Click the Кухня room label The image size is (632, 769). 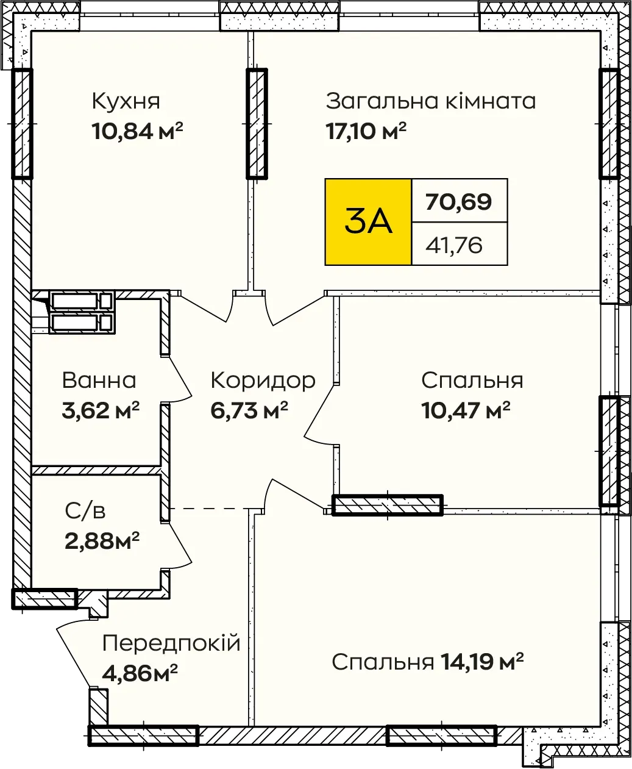pyautogui.click(x=126, y=101)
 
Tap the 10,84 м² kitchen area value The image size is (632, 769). pyautogui.click(x=137, y=131)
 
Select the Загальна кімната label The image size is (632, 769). pyautogui.click(x=431, y=101)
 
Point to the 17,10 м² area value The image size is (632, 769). pyautogui.click(x=366, y=131)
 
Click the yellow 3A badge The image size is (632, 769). pyautogui.click(x=368, y=222)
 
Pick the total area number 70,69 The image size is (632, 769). pyautogui.click(x=458, y=201)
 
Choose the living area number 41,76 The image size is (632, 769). pyautogui.click(x=454, y=245)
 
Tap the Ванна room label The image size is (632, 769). pyautogui.click(x=99, y=381)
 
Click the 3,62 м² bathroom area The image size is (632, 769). pyautogui.click(x=101, y=410)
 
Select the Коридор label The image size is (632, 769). pyautogui.click(x=263, y=381)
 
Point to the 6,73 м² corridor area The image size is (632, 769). pyautogui.click(x=249, y=410)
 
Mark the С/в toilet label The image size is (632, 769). pyautogui.click(x=85, y=511)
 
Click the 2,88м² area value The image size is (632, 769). pyautogui.click(x=102, y=541)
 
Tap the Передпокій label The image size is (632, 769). pyautogui.click(x=171, y=643)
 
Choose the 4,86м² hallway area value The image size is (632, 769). pyautogui.click(x=140, y=673)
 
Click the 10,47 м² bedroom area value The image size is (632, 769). pyautogui.click(x=466, y=410)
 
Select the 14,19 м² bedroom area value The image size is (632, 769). pyautogui.click(x=482, y=662)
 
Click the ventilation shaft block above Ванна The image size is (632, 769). pyautogui.click(x=82, y=312)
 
